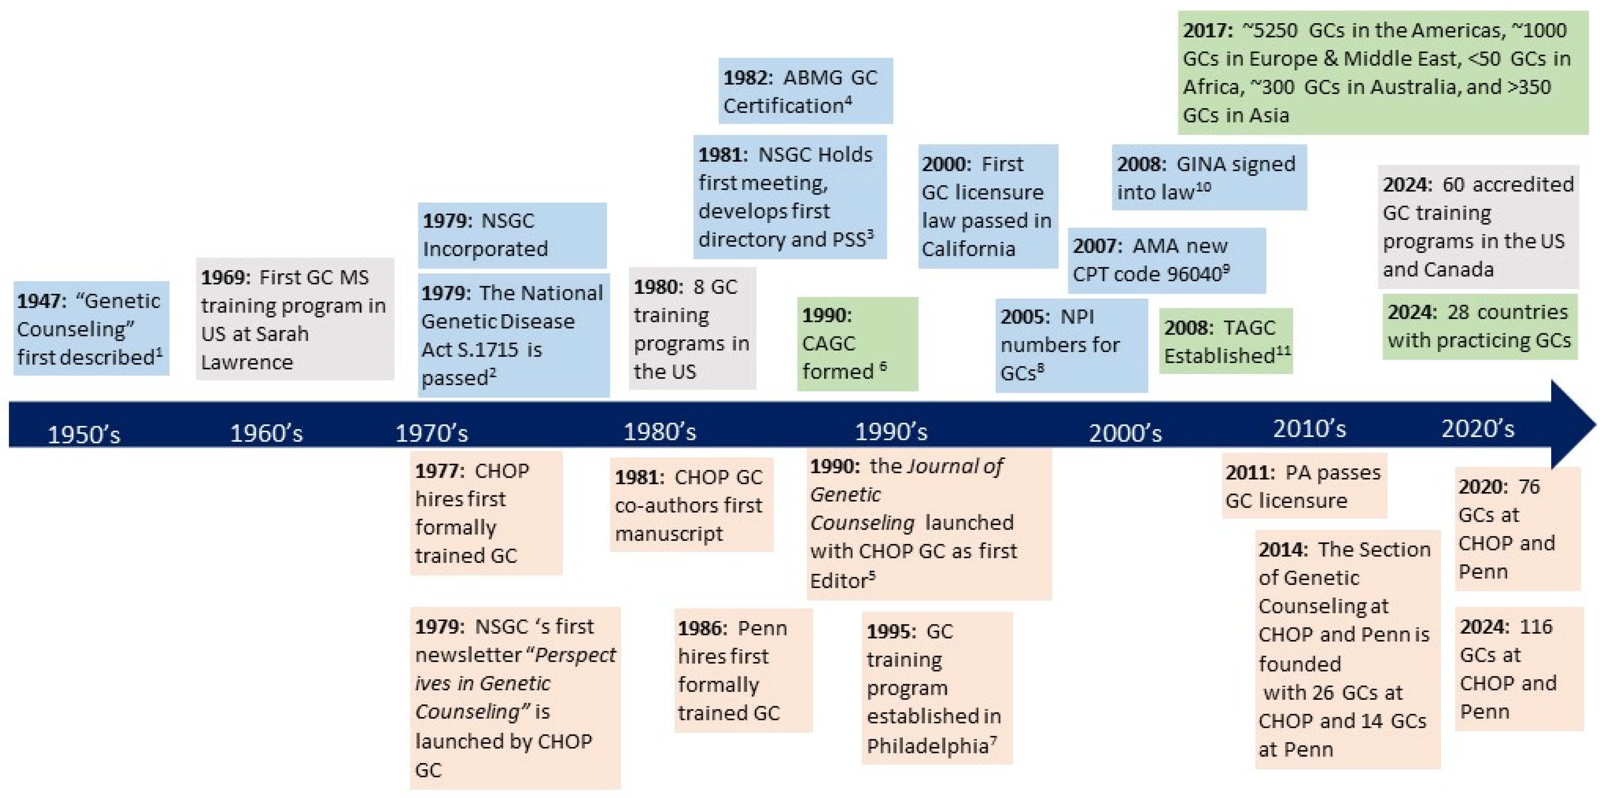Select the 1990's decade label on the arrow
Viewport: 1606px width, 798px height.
coord(891,432)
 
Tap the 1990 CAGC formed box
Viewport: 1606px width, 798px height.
coord(857,344)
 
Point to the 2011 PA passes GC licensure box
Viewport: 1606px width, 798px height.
coord(1304,486)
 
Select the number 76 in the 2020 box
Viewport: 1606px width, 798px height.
coord(1529,486)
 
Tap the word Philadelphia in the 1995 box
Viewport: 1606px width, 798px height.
coord(927,745)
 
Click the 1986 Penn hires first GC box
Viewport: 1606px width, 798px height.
coord(743,670)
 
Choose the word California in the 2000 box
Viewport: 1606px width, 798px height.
coord(968,249)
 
